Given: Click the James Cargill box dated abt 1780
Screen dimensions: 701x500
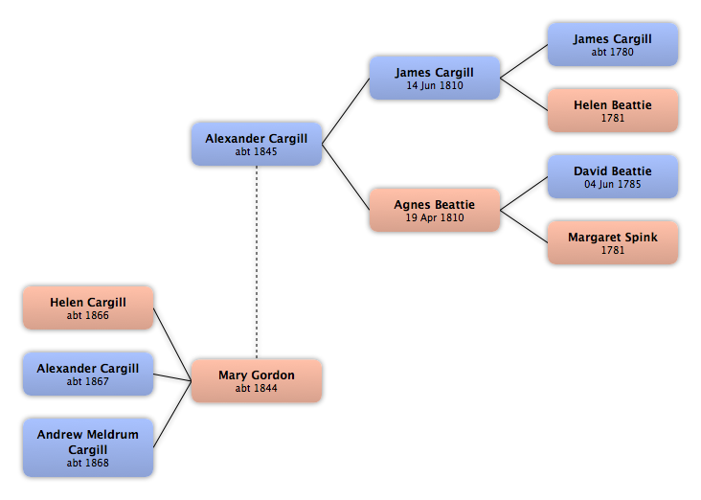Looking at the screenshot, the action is click(613, 45).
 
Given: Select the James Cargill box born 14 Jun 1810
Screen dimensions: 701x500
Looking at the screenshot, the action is click(435, 78).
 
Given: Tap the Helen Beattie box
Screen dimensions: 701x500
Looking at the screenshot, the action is click(613, 110).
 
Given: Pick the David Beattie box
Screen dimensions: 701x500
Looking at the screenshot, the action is click(613, 176).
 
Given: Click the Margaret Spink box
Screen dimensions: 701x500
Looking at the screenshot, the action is click(613, 242).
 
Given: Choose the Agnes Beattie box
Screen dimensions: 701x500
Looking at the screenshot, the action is click(435, 210).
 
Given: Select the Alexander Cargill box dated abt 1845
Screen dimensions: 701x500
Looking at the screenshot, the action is click(257, 144).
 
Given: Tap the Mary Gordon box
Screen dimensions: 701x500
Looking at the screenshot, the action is click(257, 380).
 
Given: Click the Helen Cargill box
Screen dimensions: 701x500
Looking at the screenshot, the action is click(88, 307).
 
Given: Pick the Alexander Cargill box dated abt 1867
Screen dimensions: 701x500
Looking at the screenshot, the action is click(88, 374).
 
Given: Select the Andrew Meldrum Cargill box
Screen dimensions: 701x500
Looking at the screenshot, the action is click(88, 447).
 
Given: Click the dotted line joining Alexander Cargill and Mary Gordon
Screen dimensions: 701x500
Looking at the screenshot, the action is click(257, 262).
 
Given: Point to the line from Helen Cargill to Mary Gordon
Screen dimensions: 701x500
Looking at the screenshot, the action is click(172, 345).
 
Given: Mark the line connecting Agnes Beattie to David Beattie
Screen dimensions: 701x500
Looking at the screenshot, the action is click(524, 193).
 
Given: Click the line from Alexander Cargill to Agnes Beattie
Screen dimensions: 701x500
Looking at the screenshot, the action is click(346, 177).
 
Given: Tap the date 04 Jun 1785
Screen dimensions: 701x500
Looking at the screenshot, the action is click(613, 184).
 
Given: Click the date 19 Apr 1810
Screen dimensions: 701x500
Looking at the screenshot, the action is click(435, 217).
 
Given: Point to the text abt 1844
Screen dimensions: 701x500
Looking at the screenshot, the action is click(256, 388).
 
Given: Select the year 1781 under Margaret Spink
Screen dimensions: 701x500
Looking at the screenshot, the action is click(613, 250).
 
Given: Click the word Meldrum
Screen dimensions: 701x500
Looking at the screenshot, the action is click(113, 434).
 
